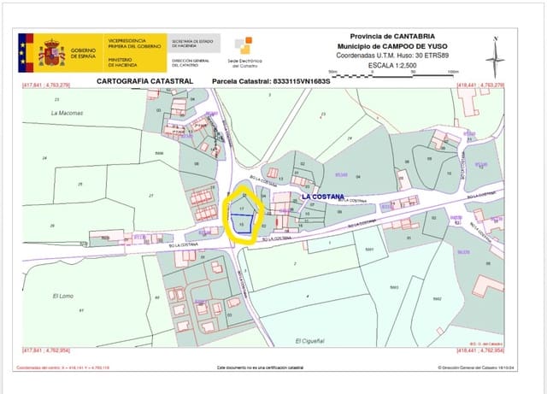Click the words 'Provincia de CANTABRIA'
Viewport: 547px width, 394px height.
click(x=386, y=38)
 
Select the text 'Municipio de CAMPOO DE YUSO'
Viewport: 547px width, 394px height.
click(x=386, y=46)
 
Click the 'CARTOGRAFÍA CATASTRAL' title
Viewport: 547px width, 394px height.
click(x=144, y=81)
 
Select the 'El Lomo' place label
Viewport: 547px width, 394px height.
click(x=62, y=296)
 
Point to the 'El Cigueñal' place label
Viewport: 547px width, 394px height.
click(x=309, y=341)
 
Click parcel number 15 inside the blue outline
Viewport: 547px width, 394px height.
click(x=242, y=224)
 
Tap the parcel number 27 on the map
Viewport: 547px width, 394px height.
click(x=150, y=196)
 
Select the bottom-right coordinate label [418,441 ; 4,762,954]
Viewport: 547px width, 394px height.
click(x=481, y=350)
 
